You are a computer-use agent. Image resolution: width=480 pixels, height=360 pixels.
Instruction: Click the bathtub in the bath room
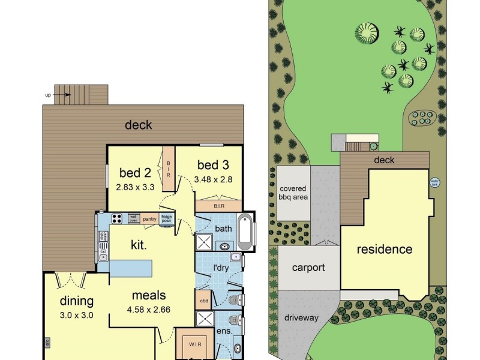pos(245,232)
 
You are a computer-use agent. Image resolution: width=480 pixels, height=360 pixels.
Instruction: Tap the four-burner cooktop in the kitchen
pos(116,219)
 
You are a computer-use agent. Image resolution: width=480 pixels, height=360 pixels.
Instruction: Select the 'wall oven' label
pos(133,219)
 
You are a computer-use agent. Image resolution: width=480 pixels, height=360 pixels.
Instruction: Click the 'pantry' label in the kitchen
pos(150,219)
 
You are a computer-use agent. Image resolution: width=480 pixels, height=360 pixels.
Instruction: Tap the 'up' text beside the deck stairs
pos(47,95)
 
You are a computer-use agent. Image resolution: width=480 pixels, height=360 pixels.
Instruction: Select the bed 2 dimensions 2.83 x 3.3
pos(135,187)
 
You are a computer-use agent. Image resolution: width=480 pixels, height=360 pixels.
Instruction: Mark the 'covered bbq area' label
pos(293,193)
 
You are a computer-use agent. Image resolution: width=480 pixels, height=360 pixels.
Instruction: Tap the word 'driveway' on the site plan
pos(301,317)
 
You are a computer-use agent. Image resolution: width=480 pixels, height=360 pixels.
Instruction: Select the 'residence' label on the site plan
pos(385,249)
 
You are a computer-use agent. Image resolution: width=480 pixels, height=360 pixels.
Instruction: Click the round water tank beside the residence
pos(434,182)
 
